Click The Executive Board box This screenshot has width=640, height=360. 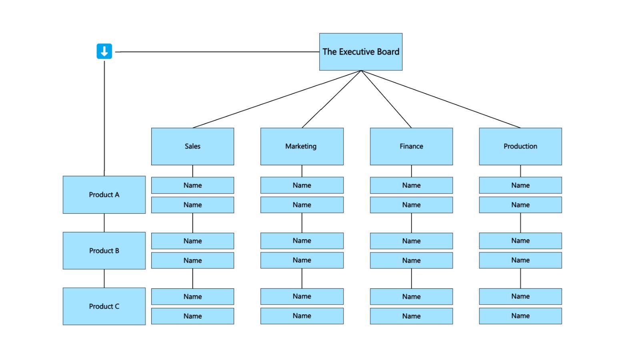coord(360,52)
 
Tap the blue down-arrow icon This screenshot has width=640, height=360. coord(104,51)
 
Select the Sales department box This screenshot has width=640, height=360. coord(192,146)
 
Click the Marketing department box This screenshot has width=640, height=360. coord(302,146)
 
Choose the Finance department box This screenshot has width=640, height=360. coord(411,146)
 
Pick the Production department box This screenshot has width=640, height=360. coord(520,146)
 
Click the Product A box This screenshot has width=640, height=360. coord(104,195)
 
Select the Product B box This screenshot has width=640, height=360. coord(104,251)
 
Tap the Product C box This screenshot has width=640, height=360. coord(104,306)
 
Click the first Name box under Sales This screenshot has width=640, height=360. coord(192,185)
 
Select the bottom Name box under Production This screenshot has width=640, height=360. coord(520,316)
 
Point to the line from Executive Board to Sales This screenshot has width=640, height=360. coord(277,99)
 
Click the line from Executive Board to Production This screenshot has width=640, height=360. coord(440,99)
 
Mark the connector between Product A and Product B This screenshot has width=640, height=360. coord(104,223)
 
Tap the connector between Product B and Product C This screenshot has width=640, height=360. coord(104,278)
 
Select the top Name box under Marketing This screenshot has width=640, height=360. coord(302,185)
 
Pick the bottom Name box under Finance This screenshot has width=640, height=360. coord(411,316)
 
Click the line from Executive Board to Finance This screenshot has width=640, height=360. coord(386,99)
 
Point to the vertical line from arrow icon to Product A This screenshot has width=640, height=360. coord(104,116)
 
